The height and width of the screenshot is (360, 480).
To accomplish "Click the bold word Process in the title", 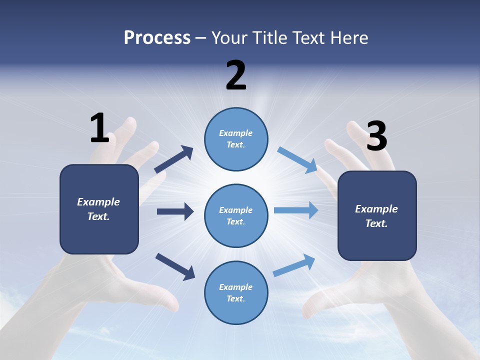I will [157, 37].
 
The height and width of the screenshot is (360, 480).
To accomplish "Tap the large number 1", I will [99, 128].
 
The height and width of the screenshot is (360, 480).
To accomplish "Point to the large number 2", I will [236, 75].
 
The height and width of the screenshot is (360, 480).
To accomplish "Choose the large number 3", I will [376, 136].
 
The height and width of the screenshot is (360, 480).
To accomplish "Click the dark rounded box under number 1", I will [99, 209].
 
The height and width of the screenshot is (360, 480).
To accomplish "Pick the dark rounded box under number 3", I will [377, 215].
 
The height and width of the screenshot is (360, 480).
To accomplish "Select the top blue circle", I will [236, 139].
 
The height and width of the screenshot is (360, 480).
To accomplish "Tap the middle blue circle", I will [236, 215].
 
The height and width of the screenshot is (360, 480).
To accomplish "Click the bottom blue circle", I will [236, 292].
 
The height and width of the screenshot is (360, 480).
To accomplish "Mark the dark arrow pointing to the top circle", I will [174, 159].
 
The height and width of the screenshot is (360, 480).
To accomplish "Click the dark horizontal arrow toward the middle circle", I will [175, 211].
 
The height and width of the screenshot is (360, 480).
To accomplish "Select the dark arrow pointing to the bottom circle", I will [175, 266].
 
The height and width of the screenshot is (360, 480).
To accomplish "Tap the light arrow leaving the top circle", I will [297, 159].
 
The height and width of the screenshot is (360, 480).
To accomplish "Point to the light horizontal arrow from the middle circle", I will [296, 210].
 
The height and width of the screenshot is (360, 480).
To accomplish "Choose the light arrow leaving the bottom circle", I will [294, 265].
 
